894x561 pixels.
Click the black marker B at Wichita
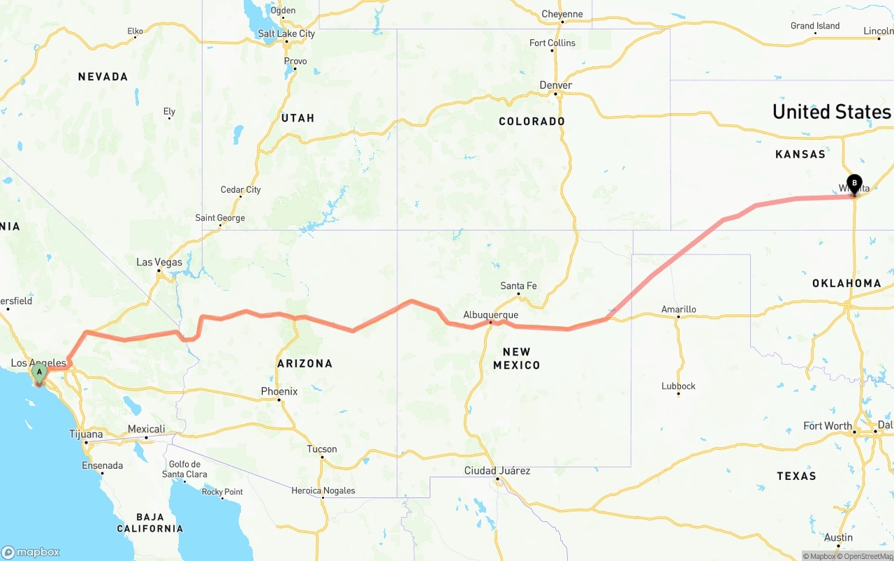[x=854, y=183]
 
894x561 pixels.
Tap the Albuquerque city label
[x=490, y=315]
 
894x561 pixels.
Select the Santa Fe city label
[x=518, y=286]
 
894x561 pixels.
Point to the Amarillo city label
[x=679, y=309]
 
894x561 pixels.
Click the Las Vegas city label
[x=159, y=263]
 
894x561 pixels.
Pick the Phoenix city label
[x=279, y=391]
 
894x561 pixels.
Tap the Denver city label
[x=556, y=85]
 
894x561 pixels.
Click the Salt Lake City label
[x=286, y=34]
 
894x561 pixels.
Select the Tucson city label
[x=322, y=449]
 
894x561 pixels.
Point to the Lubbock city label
[x=679, y=386]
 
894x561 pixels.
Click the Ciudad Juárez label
[x=497, y=471]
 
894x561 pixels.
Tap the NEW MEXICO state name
[x=517, y=358]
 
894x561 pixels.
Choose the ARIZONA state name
[x=305, y=363]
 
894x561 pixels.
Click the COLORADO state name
[x=532, y=122]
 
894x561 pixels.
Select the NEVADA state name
[x=103, y=77]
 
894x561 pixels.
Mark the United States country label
[x=831, y=112]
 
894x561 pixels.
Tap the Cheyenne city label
[x=562, y=14]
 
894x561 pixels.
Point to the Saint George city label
[x=220, y=218]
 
